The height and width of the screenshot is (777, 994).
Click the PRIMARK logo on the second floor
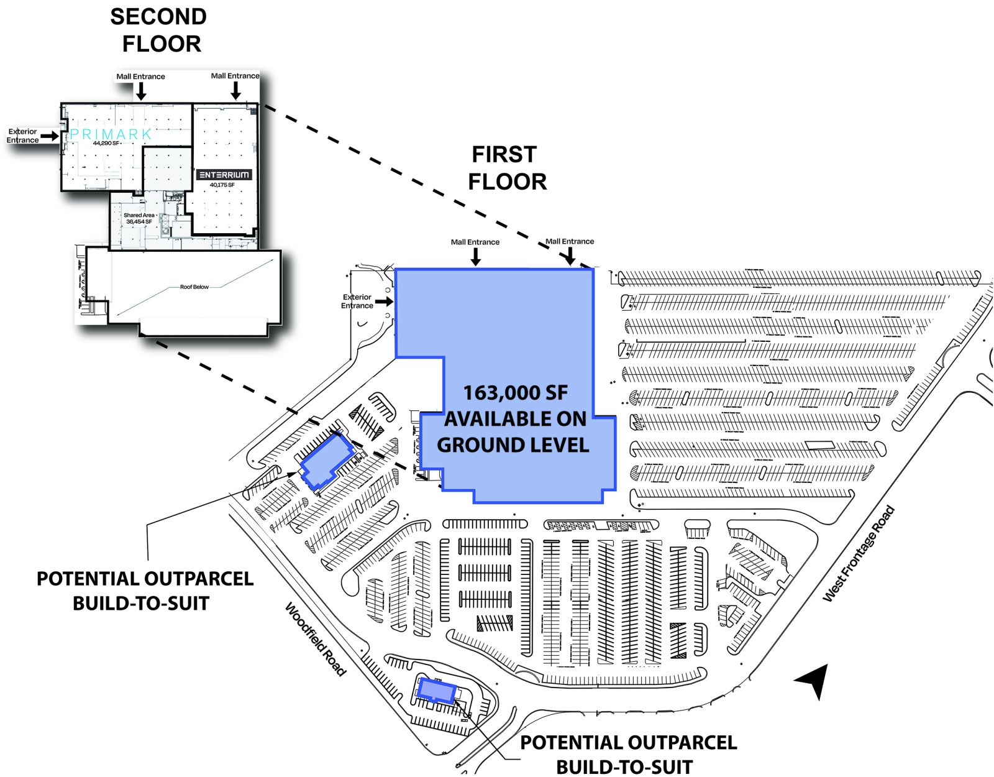pos(111,134)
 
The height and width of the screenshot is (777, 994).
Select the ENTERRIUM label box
pos(224,175)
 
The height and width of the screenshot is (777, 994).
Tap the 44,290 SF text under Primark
pos(106,144)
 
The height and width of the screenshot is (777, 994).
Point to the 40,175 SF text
pos(222,185)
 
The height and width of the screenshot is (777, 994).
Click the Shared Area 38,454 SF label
pos(139,218)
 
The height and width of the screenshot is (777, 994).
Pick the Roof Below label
pos(194,287)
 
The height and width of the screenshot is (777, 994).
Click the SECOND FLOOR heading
pos(160,30)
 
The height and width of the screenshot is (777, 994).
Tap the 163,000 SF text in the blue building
pos(515,393)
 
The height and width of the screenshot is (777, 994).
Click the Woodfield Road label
pos(315,638)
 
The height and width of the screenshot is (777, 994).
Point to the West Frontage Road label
pos(859,554)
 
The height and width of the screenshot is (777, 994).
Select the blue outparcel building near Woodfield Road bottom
pos(437,691)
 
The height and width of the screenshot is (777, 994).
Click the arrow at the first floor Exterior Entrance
pos(383,301)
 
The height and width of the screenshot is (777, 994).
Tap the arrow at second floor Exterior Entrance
pos(50,136)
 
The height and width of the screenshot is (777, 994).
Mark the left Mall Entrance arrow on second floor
pos(141,91)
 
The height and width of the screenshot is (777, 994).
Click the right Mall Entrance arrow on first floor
pos(570,255)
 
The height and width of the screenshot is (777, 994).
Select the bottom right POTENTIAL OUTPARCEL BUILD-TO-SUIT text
pos(627,755)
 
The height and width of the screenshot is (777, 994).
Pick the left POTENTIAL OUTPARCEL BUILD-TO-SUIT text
pos(144,591)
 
